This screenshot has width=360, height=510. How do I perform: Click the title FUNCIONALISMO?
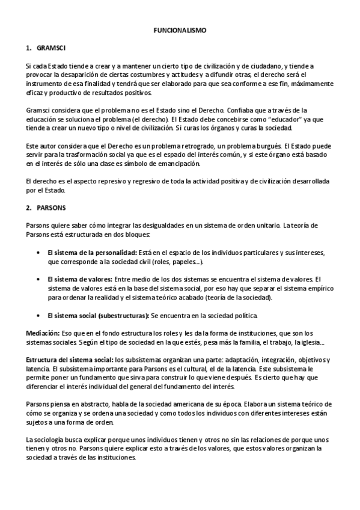179,29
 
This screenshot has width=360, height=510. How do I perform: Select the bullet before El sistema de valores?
39,279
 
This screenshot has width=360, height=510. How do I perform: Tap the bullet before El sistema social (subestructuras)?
39,315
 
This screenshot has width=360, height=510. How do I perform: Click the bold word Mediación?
43,333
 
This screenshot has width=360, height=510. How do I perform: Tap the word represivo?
93,181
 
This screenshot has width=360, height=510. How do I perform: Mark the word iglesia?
310,342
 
